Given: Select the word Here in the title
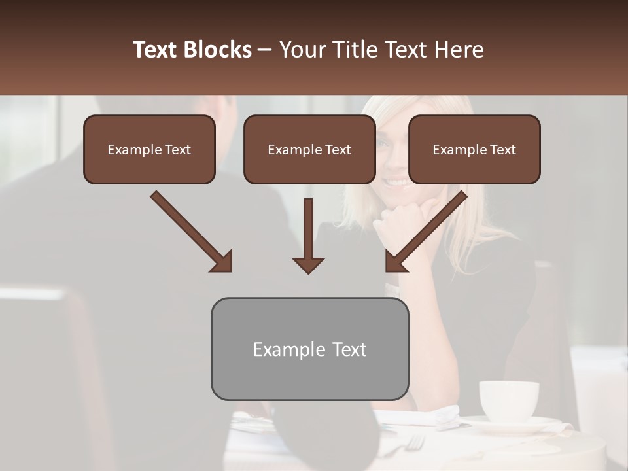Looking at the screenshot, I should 460,50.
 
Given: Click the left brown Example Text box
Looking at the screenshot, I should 149,150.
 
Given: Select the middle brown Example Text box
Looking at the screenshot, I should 309,150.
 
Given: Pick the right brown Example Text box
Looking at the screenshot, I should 474,150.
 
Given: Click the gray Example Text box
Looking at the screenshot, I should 309,349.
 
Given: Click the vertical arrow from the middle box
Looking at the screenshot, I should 308,235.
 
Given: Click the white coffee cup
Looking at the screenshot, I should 508,400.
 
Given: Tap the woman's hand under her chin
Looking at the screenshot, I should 406,216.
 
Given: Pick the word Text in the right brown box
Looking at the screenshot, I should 502,150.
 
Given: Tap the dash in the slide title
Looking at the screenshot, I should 265,50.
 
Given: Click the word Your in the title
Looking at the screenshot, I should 300,50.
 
